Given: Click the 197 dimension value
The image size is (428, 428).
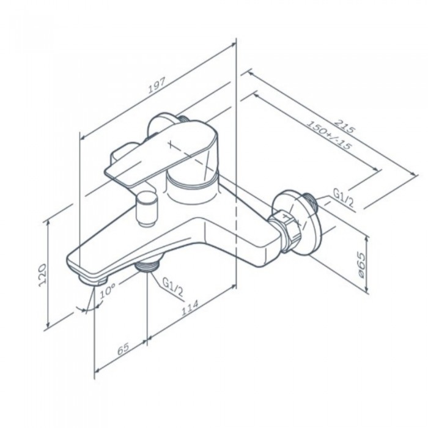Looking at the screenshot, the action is pos(157,86).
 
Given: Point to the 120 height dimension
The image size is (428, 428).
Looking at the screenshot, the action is pos(42,275).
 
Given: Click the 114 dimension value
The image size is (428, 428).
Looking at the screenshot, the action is pos(190,308).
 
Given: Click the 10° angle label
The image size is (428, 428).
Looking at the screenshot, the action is pos(107,290).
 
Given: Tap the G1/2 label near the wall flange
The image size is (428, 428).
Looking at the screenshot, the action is pos(343,197).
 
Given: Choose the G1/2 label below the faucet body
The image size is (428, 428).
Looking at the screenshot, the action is pos(173,287).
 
